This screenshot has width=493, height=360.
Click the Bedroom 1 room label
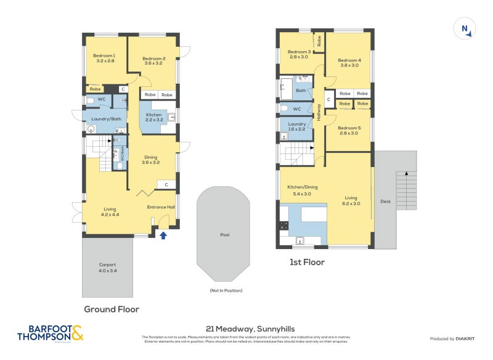pyautogui.click(x=105, y=59)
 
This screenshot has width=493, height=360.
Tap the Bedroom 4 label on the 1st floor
pyautogui.click(x=349, y=62)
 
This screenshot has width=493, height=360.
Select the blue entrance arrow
pyautogui.click(x=163, y=235)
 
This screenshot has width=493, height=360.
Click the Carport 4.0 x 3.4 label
pyautogui.click(x=107, y=268)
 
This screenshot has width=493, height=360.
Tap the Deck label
pyautogui.click(x=385, y=202)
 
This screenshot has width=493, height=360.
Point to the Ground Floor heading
pyautogui.click(x=111, y=309)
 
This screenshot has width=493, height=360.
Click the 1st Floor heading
pyautogui.click(x=307, y=262)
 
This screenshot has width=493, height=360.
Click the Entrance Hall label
pyautogui.click(x=161, y=207)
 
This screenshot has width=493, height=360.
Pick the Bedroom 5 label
pyautogui.click(x=349, y=130)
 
